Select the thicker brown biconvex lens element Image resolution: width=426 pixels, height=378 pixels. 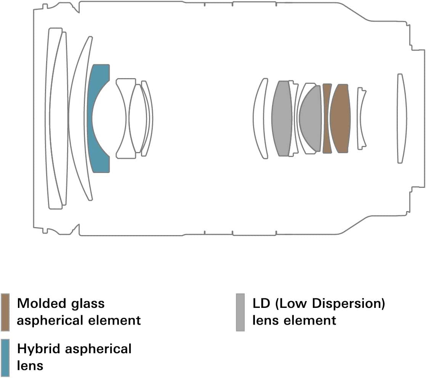[340, 118]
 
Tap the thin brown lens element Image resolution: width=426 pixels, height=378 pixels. [327, 118]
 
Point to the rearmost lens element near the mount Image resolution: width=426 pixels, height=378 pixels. [400, 118]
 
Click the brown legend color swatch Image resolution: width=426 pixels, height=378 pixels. [5, 312]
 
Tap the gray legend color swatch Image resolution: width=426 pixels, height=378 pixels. [240, 312]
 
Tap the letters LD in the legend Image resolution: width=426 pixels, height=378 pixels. [261, 304]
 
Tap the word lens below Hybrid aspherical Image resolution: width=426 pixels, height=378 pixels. [30, 365]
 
